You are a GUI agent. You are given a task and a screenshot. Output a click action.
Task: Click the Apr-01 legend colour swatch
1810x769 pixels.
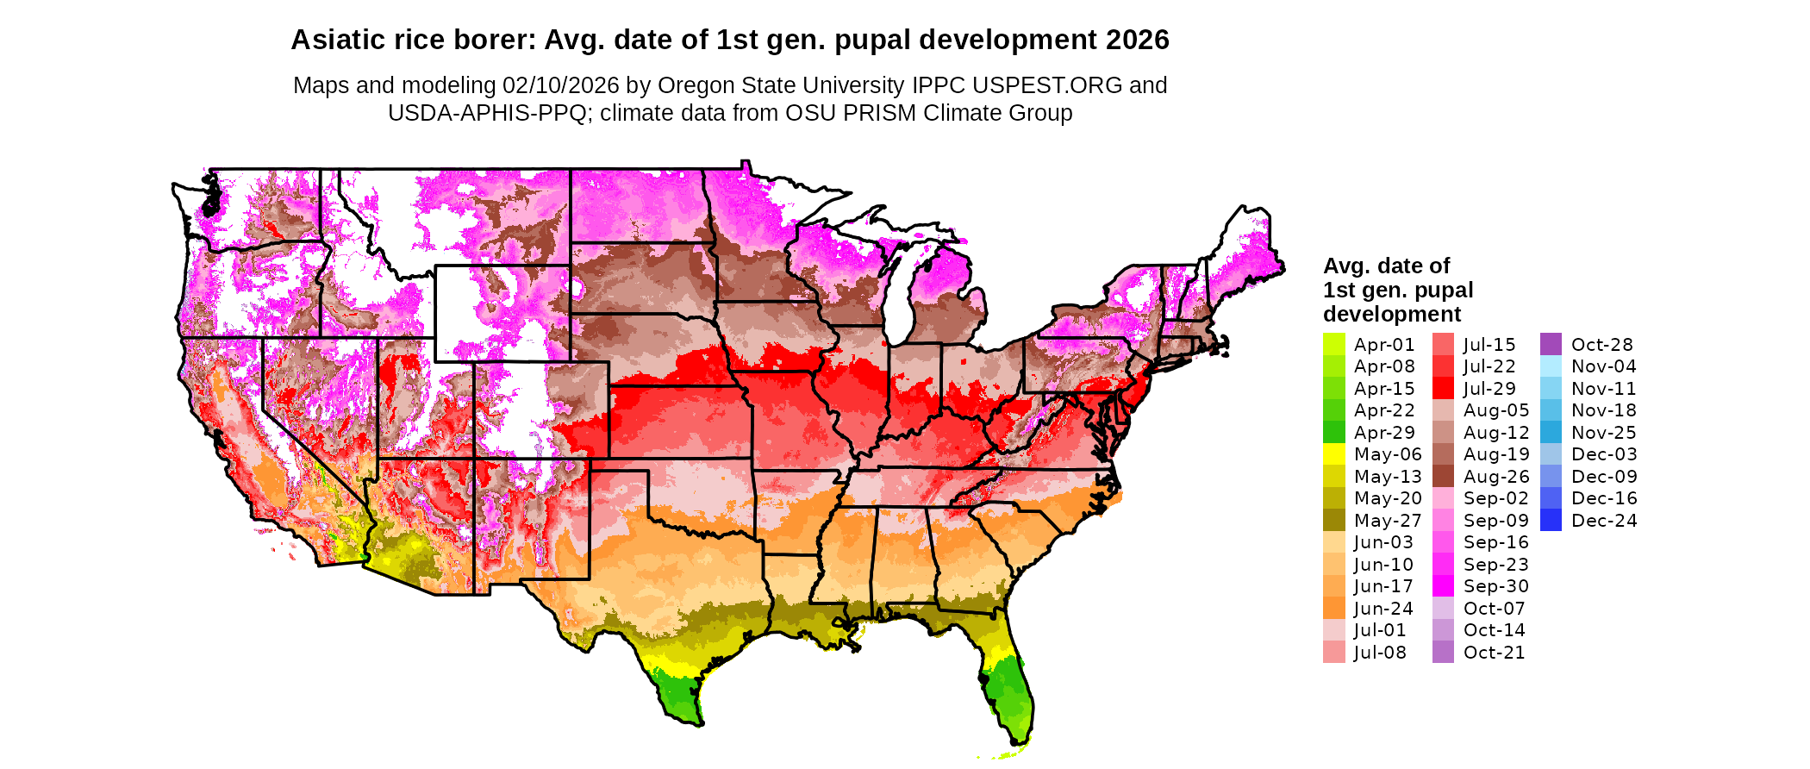tap(1333, 344)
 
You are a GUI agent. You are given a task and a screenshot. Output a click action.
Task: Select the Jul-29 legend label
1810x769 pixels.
tap(1489, 389)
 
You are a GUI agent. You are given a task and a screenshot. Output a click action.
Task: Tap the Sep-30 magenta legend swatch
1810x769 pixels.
tap(1443, 586)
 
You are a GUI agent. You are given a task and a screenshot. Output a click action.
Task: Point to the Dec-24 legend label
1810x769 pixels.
tap(1603, 521)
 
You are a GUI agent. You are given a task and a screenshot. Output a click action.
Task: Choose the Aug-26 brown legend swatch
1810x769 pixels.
tap(1443, 477)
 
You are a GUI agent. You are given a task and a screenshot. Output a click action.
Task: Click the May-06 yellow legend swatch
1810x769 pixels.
tap(1333, 454)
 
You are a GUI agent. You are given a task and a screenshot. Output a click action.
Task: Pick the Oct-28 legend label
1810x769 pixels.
tap(1601, 345)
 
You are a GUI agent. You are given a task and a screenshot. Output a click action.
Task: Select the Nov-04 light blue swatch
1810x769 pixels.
tap(1551, 366)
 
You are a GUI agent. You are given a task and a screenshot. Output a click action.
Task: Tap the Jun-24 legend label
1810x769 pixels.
tap(1383, 609)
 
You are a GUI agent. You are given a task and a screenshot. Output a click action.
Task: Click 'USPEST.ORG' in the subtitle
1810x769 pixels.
tap(1046, 85)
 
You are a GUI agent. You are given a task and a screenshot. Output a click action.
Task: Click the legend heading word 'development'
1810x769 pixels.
tap(1392, 314)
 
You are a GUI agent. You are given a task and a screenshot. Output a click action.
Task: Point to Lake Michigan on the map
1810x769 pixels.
tap(901, 293)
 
